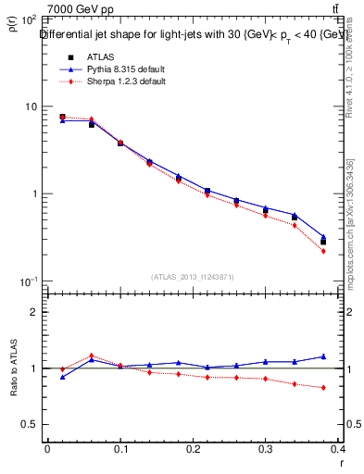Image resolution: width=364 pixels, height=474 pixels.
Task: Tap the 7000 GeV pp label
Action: (81, 9)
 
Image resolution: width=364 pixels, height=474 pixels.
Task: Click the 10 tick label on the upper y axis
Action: (31, 106)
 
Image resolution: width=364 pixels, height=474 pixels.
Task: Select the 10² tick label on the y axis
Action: (28, 19)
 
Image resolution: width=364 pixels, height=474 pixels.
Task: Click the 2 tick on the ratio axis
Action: (34, 312)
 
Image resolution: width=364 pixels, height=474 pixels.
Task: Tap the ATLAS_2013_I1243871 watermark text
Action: (193, 277)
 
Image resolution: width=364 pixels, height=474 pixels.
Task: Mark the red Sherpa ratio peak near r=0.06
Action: (91, 355)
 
